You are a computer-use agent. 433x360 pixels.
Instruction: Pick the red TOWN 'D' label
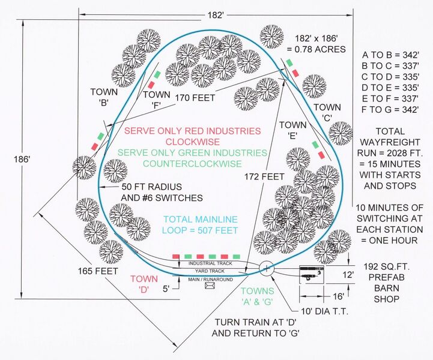pos(144,284)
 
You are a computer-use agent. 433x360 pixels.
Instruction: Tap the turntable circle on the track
pos(267,268)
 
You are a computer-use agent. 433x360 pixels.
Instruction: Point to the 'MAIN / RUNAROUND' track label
pos(209,279)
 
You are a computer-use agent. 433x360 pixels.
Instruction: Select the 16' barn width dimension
pos(323,295)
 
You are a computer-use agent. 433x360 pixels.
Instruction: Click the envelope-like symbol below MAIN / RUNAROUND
pos(210,286)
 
